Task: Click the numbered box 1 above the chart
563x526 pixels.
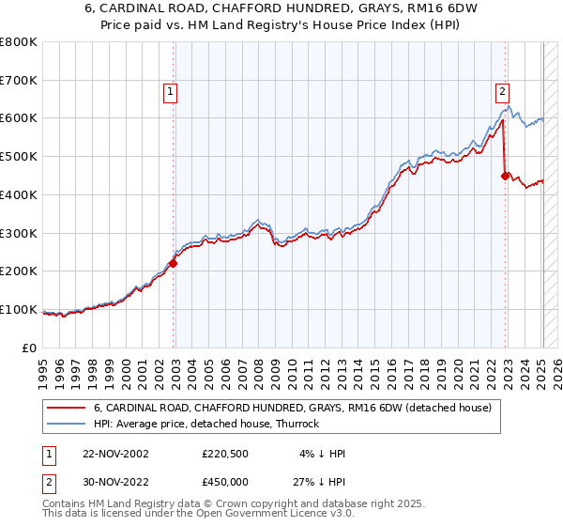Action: [x=170, y=91]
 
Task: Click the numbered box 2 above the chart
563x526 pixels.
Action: [x=502, y=91]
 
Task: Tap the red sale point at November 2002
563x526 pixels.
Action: [x=174, y=263]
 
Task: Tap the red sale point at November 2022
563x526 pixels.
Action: [x=506, y=175]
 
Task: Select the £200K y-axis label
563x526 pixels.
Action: [x=20, y=271]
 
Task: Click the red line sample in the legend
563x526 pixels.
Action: [x=66, y=408]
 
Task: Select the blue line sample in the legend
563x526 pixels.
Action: [x=66, y=424]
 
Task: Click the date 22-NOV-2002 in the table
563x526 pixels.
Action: [x=114, y=454]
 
